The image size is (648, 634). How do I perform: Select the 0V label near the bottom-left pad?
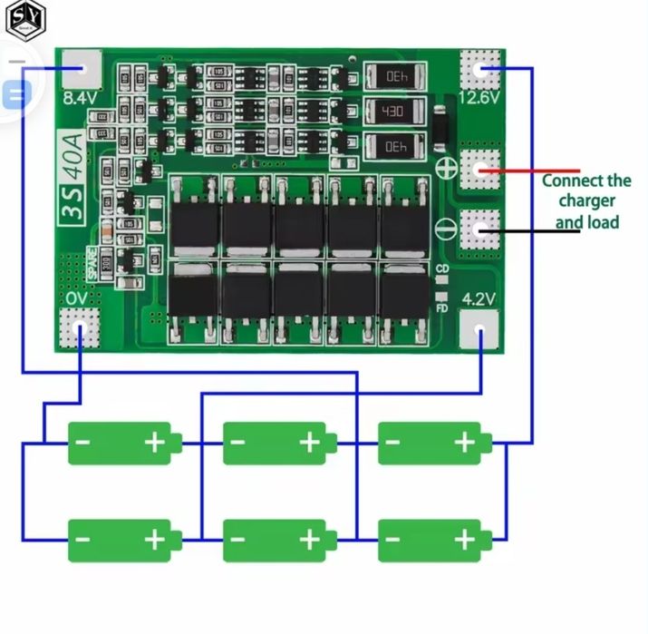coord(77,297)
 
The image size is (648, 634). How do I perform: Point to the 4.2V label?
coord(479,297)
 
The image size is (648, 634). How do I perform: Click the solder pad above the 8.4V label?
coord(82,69)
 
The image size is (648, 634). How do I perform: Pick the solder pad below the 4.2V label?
coord(479,327)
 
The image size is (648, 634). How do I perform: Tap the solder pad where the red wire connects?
coord(479,169)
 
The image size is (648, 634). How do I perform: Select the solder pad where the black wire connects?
coord(479,229)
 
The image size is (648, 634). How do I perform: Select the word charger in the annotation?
coord(586,200)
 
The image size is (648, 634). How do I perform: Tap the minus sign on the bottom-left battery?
coord(82,541)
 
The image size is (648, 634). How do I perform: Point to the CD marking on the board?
coord(442,269)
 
